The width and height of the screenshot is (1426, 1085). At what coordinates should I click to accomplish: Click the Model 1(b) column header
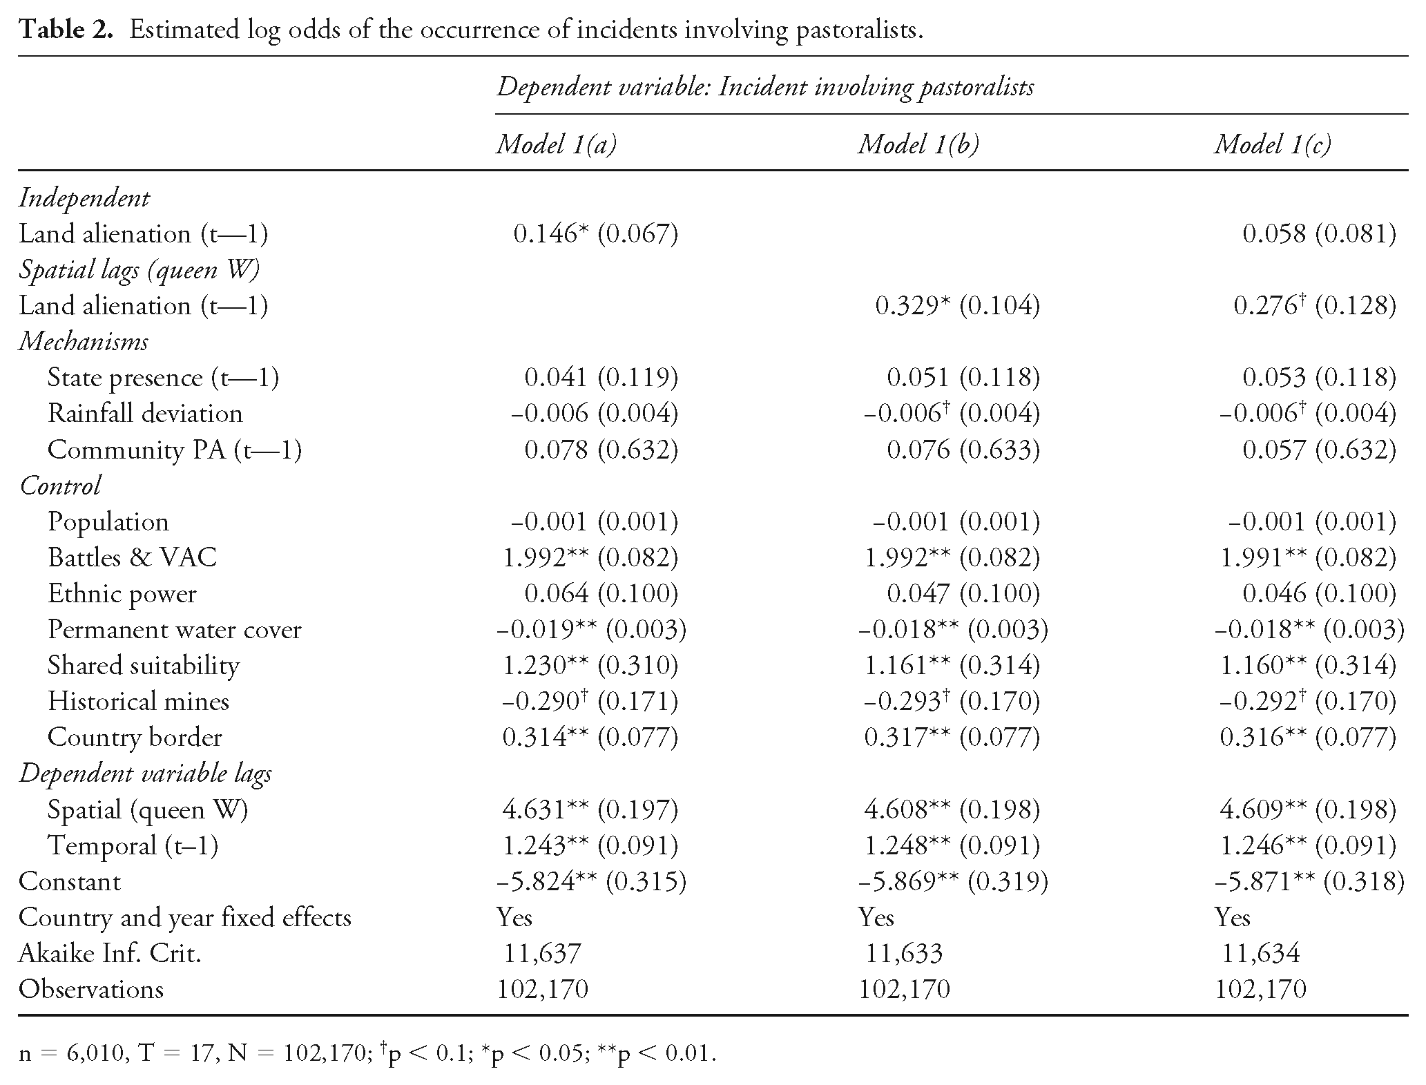(x=918, y=144)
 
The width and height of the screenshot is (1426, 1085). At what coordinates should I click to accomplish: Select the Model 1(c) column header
(x=1272, y=144)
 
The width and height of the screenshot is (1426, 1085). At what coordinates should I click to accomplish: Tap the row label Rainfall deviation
(x=145, y=414)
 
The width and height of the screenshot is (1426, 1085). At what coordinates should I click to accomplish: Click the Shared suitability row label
(x=144, y=665)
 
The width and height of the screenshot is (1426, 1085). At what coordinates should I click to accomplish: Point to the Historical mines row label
(x=138, y=701)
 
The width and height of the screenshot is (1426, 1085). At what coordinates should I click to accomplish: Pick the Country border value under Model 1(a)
(x=590, y=737)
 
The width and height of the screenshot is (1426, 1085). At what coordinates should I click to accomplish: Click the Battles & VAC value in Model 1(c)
(x=1308, y=557)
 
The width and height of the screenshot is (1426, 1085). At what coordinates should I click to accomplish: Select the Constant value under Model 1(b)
(x=952, y=881)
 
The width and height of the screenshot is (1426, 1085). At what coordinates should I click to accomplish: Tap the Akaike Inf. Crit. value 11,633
(x=904, y=954)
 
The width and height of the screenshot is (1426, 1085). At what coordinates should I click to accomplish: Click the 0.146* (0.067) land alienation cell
(x=595, y=234)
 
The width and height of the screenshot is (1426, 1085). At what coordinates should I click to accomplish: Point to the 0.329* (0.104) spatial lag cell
(x=957, y=306)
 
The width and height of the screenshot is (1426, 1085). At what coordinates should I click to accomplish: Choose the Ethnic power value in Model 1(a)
(x=601, y=593)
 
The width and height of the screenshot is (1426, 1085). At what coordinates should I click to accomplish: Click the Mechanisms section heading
(x=84, y=342)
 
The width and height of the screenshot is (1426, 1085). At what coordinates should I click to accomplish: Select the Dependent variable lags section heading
(x=145, y=774)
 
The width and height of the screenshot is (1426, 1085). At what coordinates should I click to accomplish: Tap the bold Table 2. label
(x=66, y=30)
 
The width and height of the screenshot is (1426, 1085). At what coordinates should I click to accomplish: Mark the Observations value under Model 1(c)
(x=1260, y=990)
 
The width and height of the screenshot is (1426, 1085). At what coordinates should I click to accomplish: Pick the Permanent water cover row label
(x=174, y=629)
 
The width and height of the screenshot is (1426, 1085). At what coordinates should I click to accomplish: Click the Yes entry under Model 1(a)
(x=514, y=918)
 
